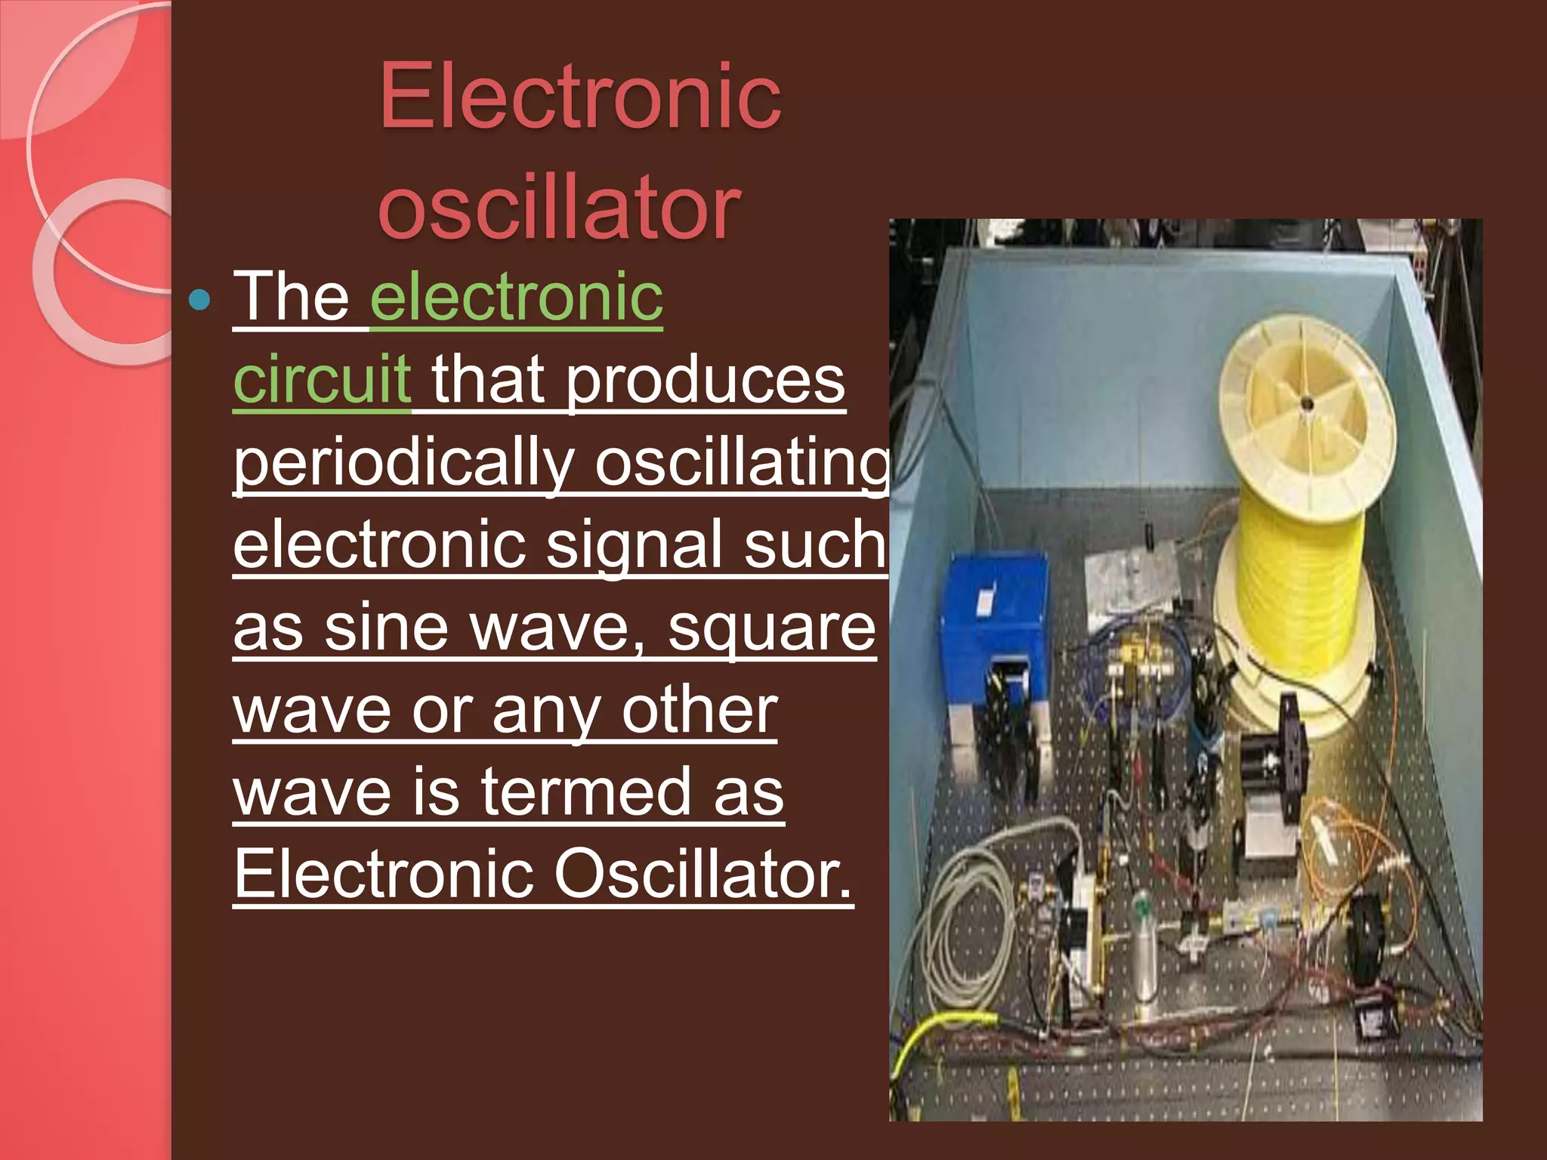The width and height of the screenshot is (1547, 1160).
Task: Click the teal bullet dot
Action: [200, 301]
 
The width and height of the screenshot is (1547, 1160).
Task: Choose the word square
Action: [771, 628]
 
